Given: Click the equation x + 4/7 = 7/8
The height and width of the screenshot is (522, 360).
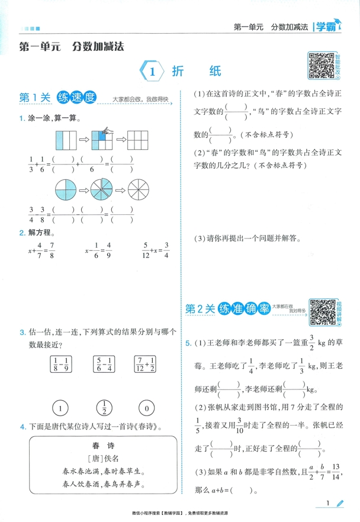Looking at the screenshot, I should pyautogui.click(x=41, y=252).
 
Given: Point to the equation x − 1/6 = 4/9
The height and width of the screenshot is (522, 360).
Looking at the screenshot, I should pyautogui.click(x=97, y=252).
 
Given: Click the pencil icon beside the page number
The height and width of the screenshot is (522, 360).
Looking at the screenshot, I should pyautogui.click(x=339, y=503).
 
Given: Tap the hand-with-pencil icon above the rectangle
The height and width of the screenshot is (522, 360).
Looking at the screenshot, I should pyautogui.click(x=107, y=131).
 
